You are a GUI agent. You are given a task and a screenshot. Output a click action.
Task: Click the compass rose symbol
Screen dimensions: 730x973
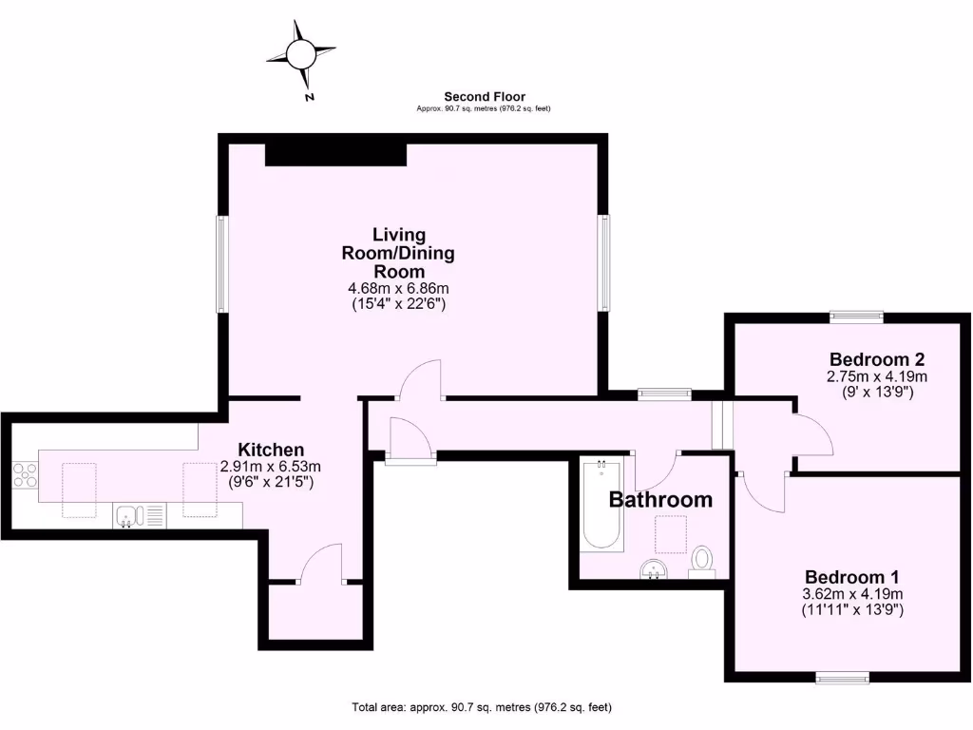pos(301,53)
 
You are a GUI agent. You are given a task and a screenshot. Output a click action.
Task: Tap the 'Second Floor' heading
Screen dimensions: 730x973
pos(485,96)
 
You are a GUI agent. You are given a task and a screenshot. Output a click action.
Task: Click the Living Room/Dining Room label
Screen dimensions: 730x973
pos(398,252)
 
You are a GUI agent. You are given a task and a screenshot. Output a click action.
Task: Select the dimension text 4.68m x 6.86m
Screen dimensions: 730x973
pos(398,289)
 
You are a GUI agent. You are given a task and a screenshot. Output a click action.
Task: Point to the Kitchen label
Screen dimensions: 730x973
pos(271,450)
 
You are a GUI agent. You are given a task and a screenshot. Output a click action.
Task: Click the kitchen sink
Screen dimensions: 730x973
pos(128,516)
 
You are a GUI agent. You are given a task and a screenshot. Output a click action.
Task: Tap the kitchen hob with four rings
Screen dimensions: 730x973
pos(25,474)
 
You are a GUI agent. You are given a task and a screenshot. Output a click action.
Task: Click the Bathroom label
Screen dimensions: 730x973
pos(660,499)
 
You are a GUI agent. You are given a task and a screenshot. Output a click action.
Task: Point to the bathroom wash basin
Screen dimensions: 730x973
pos(653,568)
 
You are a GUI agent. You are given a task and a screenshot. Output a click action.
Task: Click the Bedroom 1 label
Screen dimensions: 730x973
pos(851,577)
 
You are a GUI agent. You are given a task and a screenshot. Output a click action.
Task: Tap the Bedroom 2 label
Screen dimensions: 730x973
pos(876,359)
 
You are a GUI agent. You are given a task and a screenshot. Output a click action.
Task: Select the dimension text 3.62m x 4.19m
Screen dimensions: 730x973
pos(851,595)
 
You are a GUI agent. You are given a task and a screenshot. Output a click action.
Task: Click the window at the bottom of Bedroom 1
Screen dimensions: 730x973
pos(842,677)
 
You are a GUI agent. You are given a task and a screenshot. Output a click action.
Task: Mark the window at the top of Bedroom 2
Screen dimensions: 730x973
pos(856,317)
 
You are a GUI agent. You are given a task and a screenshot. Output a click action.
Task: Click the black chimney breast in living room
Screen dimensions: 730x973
pos(335,154)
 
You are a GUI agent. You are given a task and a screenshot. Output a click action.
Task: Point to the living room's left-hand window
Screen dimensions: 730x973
pos(220,264)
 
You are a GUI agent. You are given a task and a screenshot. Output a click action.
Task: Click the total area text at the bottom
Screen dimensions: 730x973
pos(482,707)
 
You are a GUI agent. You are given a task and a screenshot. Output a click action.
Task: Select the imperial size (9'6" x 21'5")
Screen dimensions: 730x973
pos(271,483)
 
